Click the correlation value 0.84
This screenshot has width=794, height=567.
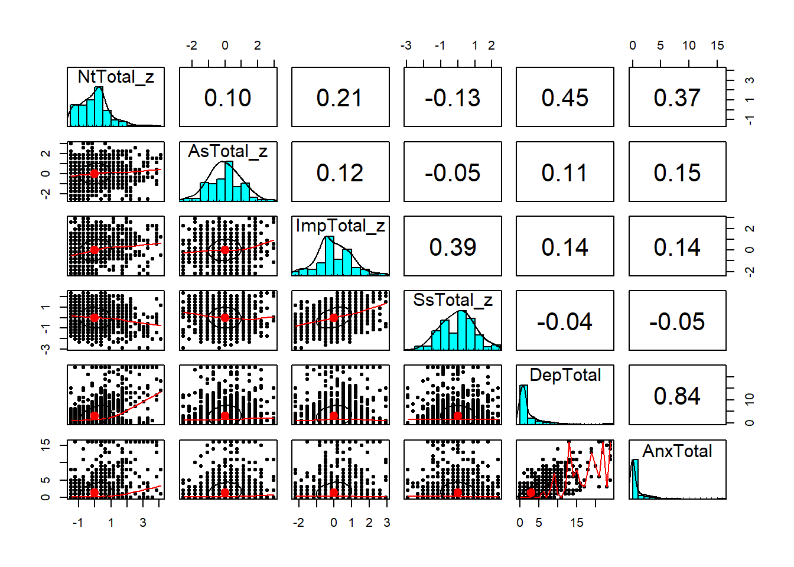677,396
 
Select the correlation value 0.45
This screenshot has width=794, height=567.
565,98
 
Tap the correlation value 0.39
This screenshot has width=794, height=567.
453,247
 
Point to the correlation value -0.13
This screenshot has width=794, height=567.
453,98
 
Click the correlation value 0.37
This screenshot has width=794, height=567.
677,98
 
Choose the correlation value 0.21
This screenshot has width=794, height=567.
340,98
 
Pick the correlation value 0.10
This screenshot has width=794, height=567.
227,98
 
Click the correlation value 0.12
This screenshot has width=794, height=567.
340,172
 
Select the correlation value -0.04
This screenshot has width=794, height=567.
565,322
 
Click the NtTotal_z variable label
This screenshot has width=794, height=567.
116,77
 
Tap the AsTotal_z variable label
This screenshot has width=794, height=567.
227,151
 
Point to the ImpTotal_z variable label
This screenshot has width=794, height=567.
340,226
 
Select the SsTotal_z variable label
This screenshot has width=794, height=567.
453,300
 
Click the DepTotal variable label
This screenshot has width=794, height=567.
565,375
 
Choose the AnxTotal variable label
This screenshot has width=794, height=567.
677,451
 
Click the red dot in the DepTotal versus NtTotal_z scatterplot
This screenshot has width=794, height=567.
95,416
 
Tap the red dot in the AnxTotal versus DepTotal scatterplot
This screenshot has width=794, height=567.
531,493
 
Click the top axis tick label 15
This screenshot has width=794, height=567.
717,45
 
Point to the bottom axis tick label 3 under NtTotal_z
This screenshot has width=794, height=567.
143,523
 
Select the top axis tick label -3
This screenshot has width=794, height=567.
406,45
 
